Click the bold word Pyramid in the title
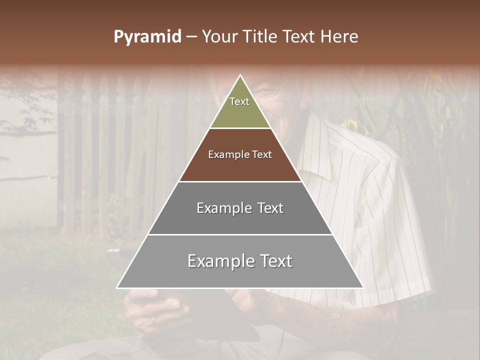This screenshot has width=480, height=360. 147,37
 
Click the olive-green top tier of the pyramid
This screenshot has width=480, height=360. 240,112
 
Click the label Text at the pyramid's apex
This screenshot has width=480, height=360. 239,101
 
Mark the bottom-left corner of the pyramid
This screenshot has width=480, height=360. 117,288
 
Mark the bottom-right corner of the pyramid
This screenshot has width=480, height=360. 363,288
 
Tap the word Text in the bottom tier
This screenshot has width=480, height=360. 275,261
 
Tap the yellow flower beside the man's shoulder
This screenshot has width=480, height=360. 350,124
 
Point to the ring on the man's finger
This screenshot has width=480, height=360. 153,318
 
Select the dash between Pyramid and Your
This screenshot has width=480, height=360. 191,37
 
